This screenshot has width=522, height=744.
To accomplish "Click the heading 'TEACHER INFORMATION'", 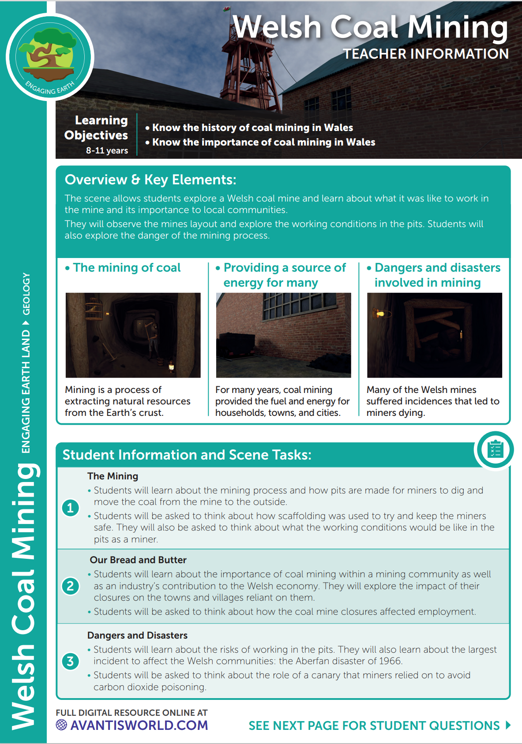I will (426, 54).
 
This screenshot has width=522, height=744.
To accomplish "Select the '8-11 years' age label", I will (107, 150).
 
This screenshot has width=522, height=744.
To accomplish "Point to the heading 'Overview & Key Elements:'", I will (150, 180).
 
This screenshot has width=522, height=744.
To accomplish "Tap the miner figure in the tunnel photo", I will (151, 340).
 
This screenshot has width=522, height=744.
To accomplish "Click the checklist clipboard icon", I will (495, 450).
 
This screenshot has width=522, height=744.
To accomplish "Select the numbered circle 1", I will (71, 508).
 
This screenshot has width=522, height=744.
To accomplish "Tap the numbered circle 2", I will (71, 586).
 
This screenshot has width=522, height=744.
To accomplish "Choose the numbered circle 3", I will (71, 661).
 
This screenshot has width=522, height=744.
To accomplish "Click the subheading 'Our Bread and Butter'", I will (138, 560).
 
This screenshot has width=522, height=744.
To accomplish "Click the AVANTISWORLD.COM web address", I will (139, 725).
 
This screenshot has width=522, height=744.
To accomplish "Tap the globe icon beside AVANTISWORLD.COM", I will (61, 725).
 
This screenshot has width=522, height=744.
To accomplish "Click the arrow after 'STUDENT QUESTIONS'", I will (508, 725).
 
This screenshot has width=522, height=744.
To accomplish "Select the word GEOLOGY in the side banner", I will (26, 294).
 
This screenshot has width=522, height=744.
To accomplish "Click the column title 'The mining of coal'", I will (127, 268).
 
